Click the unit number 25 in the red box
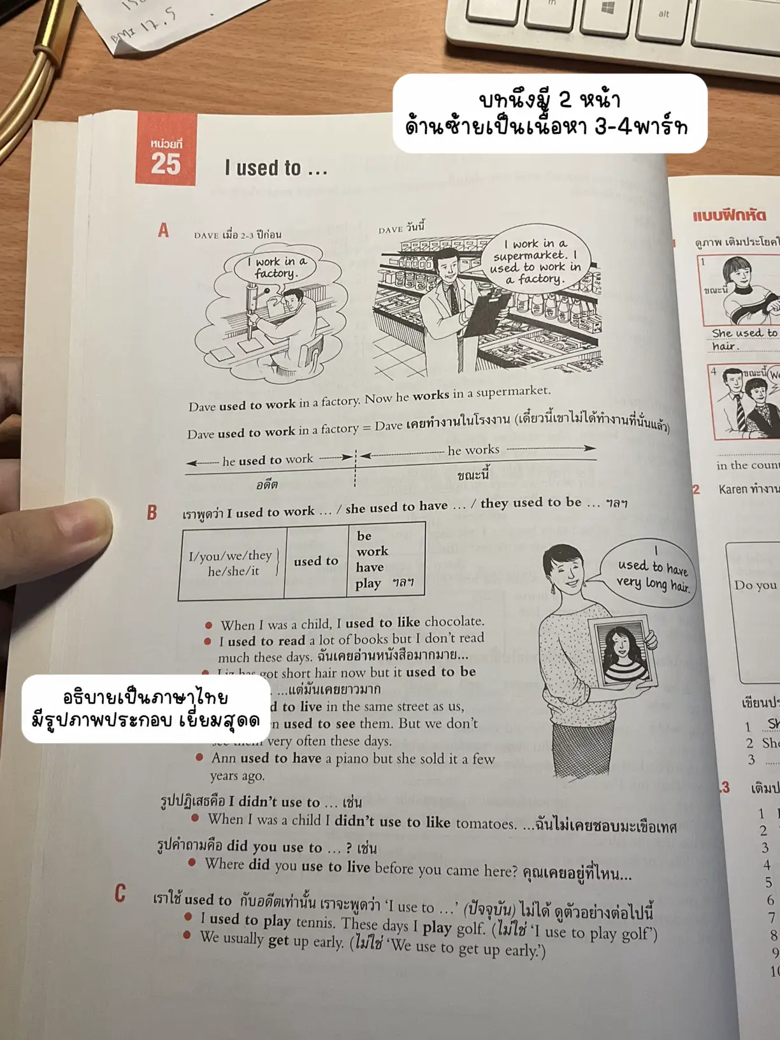[166, 164]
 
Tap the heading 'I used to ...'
[276, 168]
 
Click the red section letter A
[164, 230]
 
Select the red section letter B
[152, 512]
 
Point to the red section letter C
[120, 893]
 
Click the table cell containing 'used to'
[316, 561]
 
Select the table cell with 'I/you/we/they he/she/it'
[231, 563]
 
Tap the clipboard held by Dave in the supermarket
[486, 312]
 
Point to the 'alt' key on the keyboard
[663, 14]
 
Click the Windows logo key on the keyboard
[607, 9]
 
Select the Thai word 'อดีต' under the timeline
[267, 485]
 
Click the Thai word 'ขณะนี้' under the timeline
[473, 475]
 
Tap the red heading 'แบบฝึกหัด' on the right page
[727, 215]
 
